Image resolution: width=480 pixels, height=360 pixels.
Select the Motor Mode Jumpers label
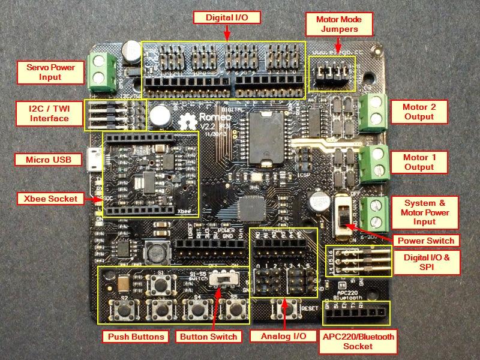pyautogui.click(x=338, y=25)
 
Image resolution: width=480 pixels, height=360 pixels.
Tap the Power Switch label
pyautogui.click(x=424, y=241)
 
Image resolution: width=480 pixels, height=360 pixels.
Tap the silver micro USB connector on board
pyautogui.click(x=93, y=160)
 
